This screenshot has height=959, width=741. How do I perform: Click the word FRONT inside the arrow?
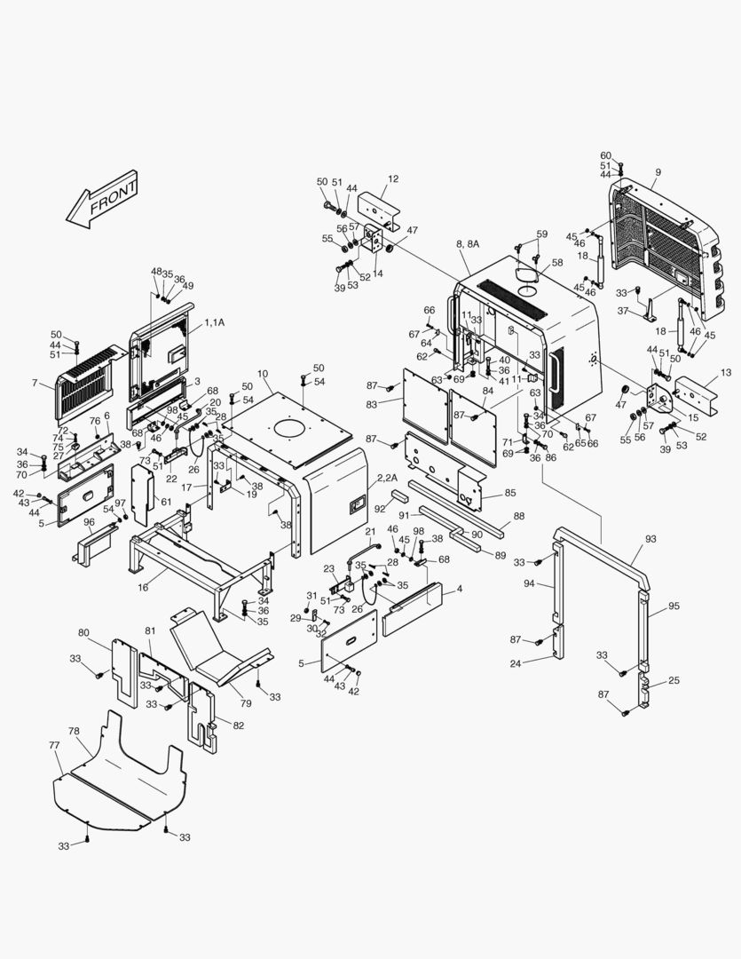click(113, 197)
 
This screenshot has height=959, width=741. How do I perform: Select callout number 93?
click(650, 539)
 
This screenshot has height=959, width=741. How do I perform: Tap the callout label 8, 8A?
click(468, 244)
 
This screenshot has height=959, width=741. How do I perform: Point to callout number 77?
click(54, 745)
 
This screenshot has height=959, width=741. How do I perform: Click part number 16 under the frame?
click(143, 588)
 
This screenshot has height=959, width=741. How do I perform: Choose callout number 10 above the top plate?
click(263, 374)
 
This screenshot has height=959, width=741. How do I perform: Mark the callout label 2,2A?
click(387, 477)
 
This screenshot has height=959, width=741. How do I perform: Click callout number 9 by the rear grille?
click(658, 172)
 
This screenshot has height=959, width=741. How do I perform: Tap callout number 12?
click(393, 178)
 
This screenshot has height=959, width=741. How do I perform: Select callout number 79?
click(246, 703)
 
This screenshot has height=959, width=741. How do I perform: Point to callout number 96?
click(90, 522)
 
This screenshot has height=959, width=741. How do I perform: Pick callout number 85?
click(510, 492)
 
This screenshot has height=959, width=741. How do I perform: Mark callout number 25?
click(674, 680)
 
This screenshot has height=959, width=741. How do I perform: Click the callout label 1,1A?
click(215, 322)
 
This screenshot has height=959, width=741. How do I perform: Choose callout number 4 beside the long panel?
click(460, 589)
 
